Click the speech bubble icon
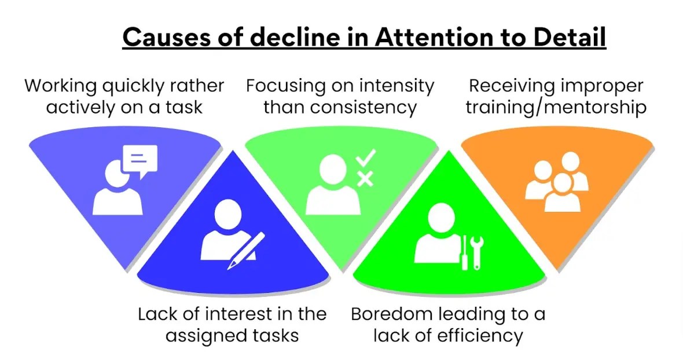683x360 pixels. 139,159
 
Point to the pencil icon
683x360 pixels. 245,250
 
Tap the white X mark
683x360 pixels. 365,179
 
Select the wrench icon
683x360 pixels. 477,251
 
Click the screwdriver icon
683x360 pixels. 464,252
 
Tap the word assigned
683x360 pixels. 200,335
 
